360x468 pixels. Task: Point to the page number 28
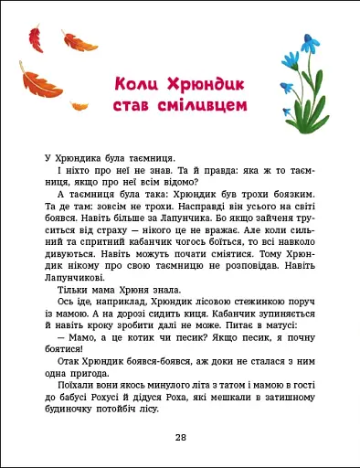coord(180,438)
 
